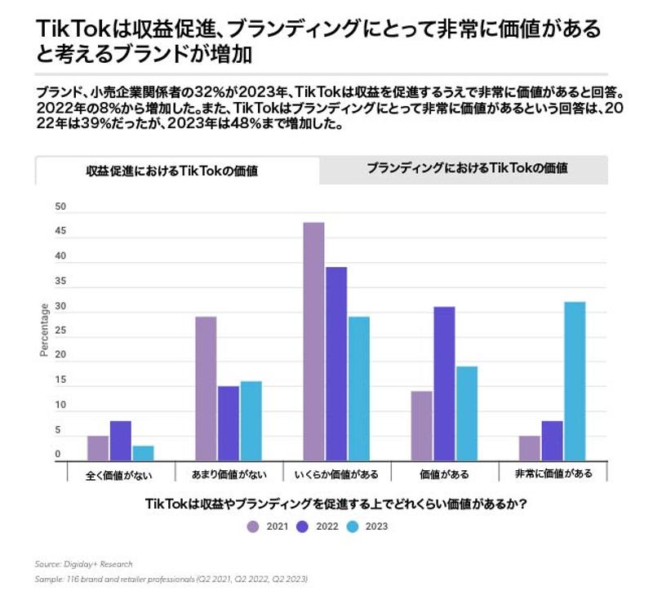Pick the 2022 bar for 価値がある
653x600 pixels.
click(x=445, y=384)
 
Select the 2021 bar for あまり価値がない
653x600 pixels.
click(x=206, y=389)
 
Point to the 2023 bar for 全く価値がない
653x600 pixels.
click(x=143, y=453)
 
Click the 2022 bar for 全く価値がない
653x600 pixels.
click(x=121, y=441)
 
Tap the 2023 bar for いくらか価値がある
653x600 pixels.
click(x=358, y=389)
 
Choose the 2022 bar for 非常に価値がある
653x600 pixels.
click(x=552, y=441)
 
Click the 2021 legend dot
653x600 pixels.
click(x=253, y=527)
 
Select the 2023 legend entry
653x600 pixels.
click(x=367, y=527)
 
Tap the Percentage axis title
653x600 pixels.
click(x=44, y=330)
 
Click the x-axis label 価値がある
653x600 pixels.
click(x=445, y=473)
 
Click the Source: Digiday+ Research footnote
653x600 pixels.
click(x=84, y=564)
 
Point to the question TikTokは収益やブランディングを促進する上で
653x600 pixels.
click(x=335, y=504)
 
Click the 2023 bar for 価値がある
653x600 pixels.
click(x=466, y=414)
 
